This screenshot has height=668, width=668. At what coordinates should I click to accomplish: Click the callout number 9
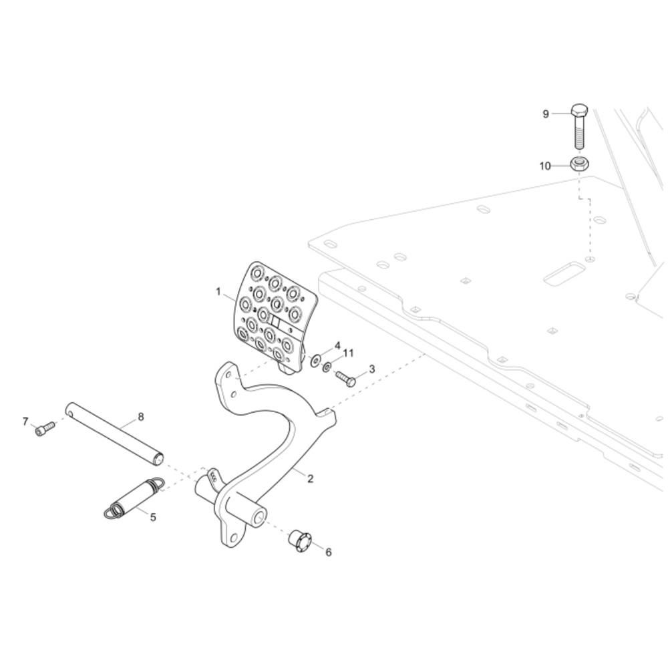click(546, 114)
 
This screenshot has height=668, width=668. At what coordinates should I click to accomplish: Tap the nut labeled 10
click(579, 163)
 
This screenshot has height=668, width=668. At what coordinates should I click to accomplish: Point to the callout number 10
click(546, 166)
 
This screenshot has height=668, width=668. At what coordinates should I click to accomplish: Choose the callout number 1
click(218, 291)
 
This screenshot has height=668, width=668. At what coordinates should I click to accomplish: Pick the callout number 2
click(311, 478)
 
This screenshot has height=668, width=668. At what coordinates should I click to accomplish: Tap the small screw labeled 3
click(345, 378)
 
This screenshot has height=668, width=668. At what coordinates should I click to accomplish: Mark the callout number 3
click(371, 369)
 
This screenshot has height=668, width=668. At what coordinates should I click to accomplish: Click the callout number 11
click(348, 353)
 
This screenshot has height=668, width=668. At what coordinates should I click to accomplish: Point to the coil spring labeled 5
click(133, 498)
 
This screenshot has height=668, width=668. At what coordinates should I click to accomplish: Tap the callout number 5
click(153, 517)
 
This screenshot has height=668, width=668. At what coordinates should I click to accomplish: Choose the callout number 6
click(328, 552)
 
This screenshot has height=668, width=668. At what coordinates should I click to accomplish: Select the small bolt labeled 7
click(45, 428)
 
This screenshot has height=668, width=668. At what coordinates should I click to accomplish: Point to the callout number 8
click(140, 417)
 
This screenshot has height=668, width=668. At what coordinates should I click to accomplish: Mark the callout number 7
click(25, 422)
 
